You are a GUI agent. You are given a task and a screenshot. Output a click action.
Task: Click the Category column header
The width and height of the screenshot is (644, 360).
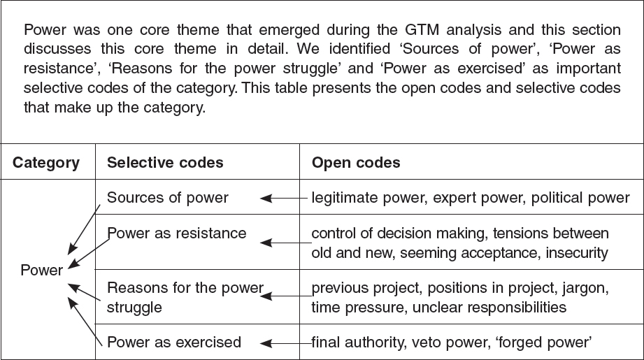tap(46, 163)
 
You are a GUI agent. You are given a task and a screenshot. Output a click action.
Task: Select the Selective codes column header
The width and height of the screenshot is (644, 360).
tap(165, 163)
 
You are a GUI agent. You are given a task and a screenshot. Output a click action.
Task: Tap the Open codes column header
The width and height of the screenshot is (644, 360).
tap(356, 163)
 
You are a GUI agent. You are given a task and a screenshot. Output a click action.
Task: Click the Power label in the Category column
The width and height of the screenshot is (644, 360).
tap(42, 270)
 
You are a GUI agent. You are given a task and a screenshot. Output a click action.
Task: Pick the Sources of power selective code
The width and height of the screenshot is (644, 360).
tap(168, 198)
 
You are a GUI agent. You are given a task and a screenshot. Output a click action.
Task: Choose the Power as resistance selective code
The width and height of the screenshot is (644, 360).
tap(177, 233)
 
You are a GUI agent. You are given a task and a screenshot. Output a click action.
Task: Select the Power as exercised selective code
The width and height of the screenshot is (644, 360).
tap(173, 343)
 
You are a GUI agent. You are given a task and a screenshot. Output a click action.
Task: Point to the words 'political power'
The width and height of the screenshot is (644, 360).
tap(580, 199)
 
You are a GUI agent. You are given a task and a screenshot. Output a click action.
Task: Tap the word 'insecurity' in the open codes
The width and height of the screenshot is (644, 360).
tap(577, 253)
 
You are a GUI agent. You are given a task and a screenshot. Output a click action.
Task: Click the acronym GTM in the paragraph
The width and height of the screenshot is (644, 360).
tap(422, 30)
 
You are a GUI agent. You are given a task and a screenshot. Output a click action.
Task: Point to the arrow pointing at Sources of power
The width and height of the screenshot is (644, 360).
tap(283, 199)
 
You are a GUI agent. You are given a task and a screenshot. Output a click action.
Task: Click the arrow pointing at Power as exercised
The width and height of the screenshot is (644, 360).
tap(286, 343)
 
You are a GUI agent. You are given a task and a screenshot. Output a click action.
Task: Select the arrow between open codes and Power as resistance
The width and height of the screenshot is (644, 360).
tap(286, 243)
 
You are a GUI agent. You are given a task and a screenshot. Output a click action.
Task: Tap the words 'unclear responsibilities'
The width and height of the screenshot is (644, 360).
tap(489, 308)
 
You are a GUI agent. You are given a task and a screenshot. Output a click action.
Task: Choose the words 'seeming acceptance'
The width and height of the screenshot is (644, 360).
tap(469, 253)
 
